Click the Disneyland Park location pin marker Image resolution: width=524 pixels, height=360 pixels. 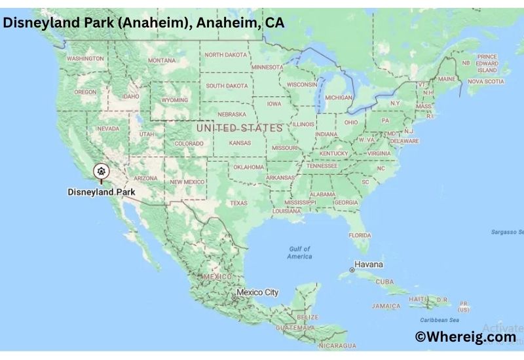point(101,171)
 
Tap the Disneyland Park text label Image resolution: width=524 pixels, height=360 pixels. point(101,192)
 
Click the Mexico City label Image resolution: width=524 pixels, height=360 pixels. point(257,292)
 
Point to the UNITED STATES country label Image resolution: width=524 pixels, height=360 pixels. point(240,128)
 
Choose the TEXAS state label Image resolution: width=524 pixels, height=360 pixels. point(238,203)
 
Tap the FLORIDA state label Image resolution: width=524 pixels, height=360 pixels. point(360,235)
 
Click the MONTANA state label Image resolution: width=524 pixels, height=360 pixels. point(162,60)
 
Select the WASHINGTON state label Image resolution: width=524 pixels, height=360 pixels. point(85,58)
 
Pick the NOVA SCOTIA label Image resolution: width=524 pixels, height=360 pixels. point(485,82)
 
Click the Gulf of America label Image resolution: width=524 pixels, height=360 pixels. point(299,253)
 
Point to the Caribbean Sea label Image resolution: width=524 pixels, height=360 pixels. point(439,320)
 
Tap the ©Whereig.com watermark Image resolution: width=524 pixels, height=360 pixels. point(465,336)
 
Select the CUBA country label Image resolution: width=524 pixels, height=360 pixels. point(384,281)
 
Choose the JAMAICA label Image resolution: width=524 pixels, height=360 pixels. point(386,306)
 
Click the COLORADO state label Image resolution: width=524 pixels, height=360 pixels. point(189,143)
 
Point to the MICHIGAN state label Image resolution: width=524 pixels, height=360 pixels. point(339,98)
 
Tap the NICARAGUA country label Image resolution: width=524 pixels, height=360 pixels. point(337,345)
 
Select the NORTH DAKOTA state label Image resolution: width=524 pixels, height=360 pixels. point(227,54)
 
